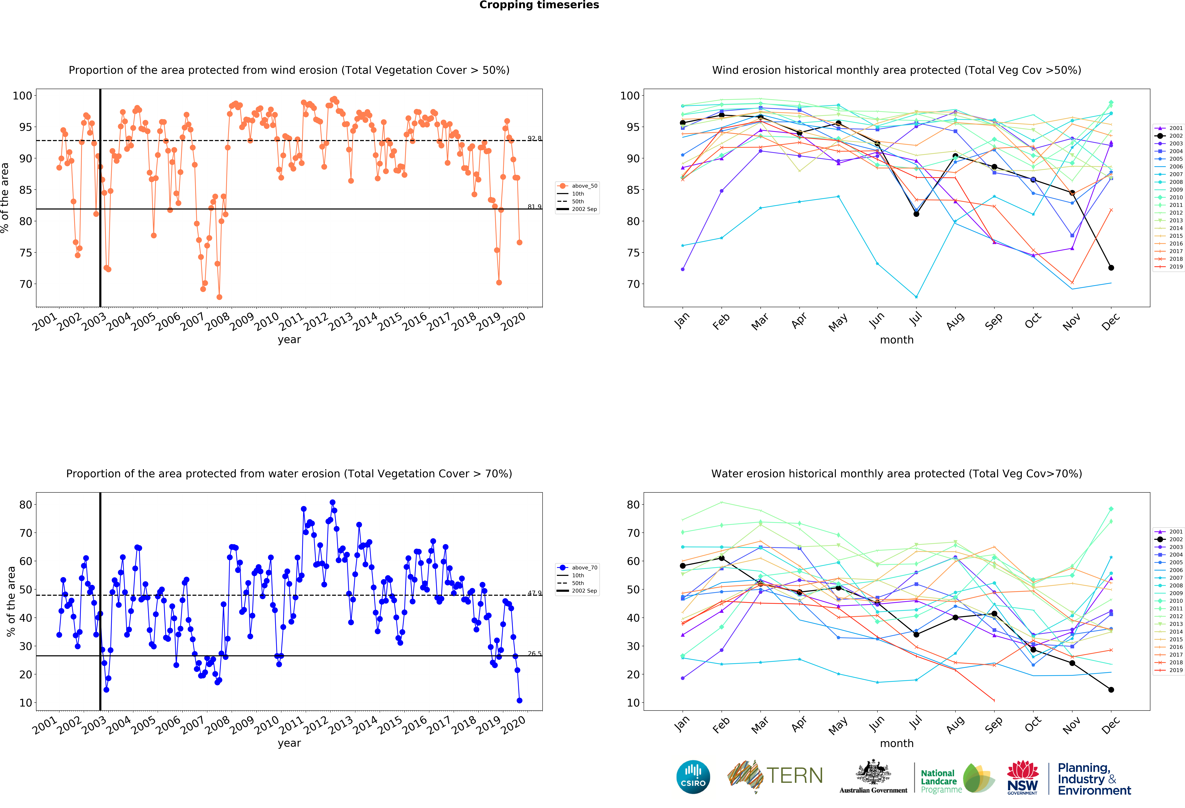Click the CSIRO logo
[693, 777]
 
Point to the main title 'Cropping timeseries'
[539, 5]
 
